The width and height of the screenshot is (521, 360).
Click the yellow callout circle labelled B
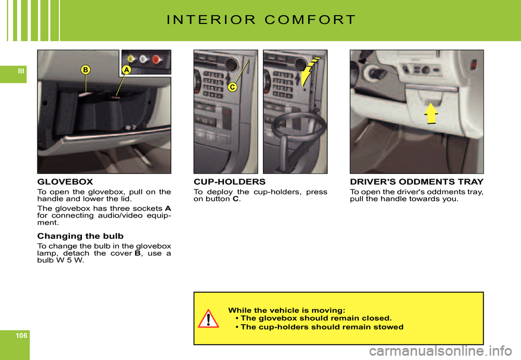point(85,70)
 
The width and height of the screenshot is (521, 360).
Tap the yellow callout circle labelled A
point(126,70)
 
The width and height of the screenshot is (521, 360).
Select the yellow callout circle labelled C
point(232,87)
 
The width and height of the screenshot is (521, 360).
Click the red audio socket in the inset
point(156,60)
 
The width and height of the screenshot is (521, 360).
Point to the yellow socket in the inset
point(131,59)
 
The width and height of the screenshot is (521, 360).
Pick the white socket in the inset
point(143,59)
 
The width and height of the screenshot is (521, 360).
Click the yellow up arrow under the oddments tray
point(430,113)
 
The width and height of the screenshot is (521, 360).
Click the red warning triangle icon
point(208,318)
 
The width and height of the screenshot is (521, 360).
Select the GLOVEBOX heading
point(65,182)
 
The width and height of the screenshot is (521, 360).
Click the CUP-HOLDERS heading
point(230,182)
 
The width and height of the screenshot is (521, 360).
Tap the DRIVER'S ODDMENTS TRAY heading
point(417,182)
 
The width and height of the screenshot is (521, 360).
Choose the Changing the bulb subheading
point(80,236)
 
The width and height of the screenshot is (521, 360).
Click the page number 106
point(21,336)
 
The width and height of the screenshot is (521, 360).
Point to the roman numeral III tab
point(21,71)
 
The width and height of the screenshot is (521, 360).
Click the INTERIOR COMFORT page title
point(261,20)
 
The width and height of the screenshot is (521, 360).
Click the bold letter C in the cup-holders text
point(235,199)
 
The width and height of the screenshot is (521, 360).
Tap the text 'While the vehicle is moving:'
point(287,310)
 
